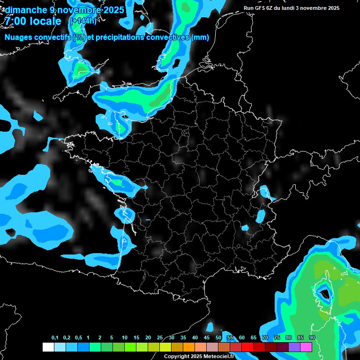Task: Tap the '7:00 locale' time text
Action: tap(33, 22)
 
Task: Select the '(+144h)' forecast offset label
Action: tap(83, 21)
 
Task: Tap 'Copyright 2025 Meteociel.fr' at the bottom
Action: tap(199, 356)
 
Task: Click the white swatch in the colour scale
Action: tap(48, 347)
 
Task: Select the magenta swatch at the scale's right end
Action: tap(306, 347)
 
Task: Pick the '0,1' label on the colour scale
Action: tap(55, 338)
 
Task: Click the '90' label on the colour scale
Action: tap(312, 338)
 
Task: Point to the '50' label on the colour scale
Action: tap(218, 338)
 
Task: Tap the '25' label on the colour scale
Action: tap(160, 338)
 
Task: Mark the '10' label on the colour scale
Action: tap(125, 338)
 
